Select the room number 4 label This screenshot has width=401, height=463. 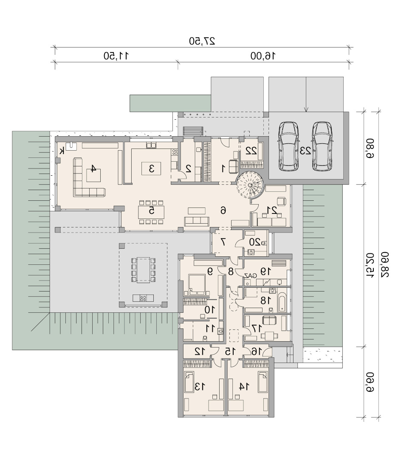click(93, 168)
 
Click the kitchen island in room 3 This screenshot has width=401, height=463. click(151, 168)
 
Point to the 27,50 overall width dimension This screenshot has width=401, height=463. click(202, 41)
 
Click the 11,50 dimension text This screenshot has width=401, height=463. click(116, 56)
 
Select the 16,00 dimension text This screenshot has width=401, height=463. click(263, 56)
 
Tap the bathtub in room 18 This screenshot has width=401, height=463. click(282, 303)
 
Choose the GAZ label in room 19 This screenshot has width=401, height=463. click(250, 275)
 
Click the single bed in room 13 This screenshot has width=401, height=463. click(189, 382)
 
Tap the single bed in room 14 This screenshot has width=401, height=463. click(263, 382)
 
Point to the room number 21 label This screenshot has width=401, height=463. click(272, 210)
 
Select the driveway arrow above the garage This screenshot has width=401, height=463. click(306, 95)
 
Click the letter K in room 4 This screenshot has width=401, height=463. click(62, 152)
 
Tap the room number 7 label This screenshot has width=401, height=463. click(223, 242)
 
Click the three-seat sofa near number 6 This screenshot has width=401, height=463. click(197, 221)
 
